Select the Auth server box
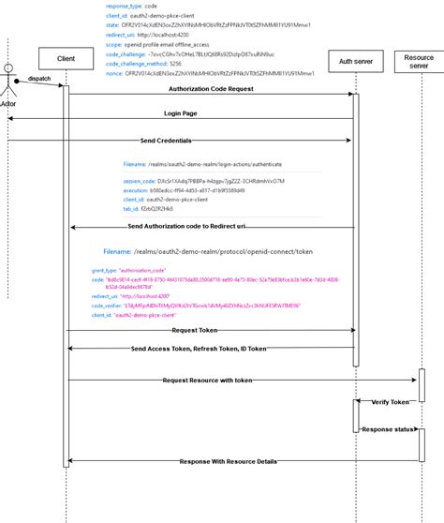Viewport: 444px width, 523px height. (354, 63)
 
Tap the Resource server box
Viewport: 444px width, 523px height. (419, 63)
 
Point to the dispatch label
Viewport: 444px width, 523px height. (39, 79)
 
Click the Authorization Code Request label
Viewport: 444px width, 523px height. (211, 89)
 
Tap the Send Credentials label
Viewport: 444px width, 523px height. (167, 140)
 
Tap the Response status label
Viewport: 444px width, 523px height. (387, 428)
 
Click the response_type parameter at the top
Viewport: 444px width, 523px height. (132, 6)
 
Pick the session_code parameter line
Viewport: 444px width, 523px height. (178, 180)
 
